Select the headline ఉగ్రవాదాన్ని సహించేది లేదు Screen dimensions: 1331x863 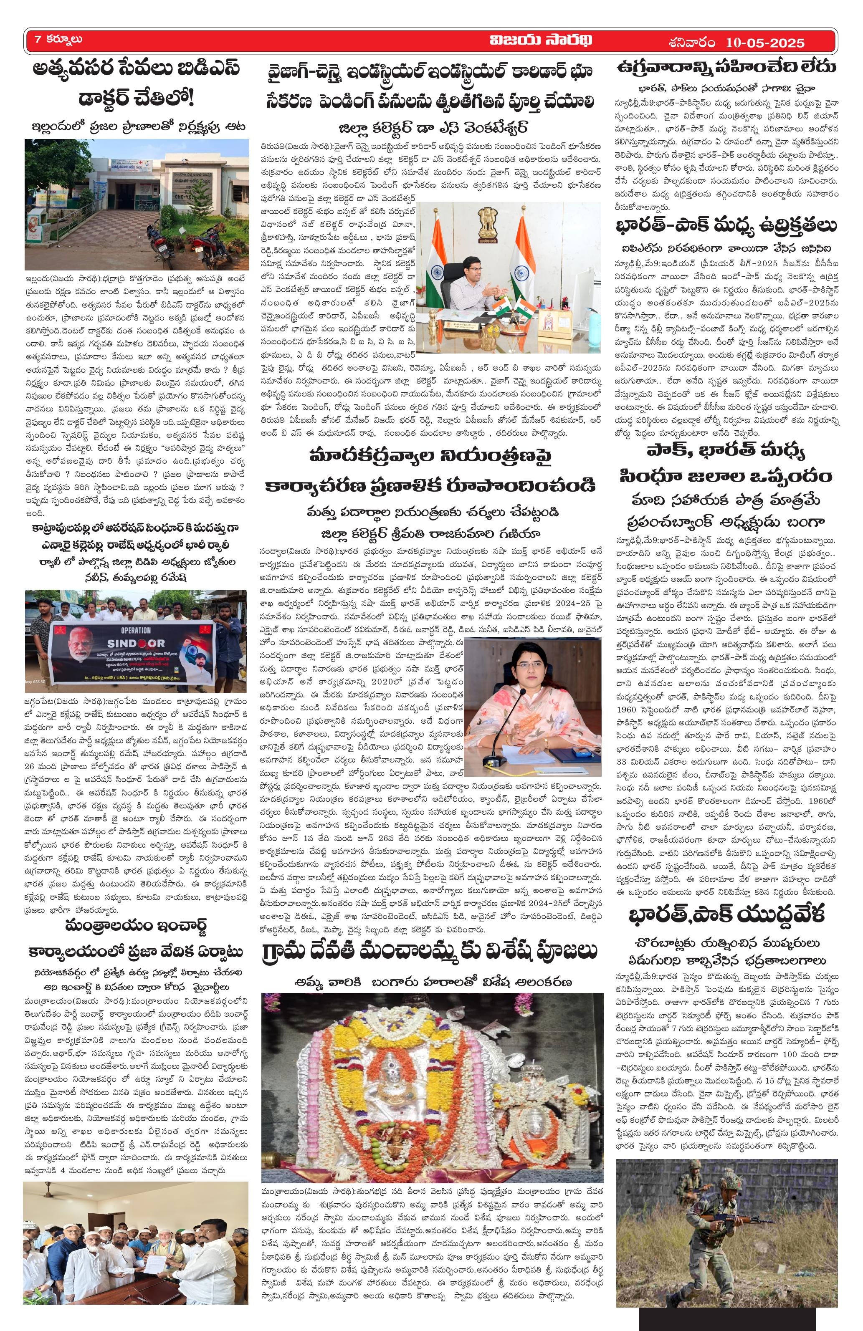pos(726,68)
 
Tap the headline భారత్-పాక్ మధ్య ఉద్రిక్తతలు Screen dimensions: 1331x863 pos(726,227)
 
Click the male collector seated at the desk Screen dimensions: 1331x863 pos(473,285)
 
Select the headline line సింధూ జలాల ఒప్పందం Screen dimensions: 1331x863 pos(726,477)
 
